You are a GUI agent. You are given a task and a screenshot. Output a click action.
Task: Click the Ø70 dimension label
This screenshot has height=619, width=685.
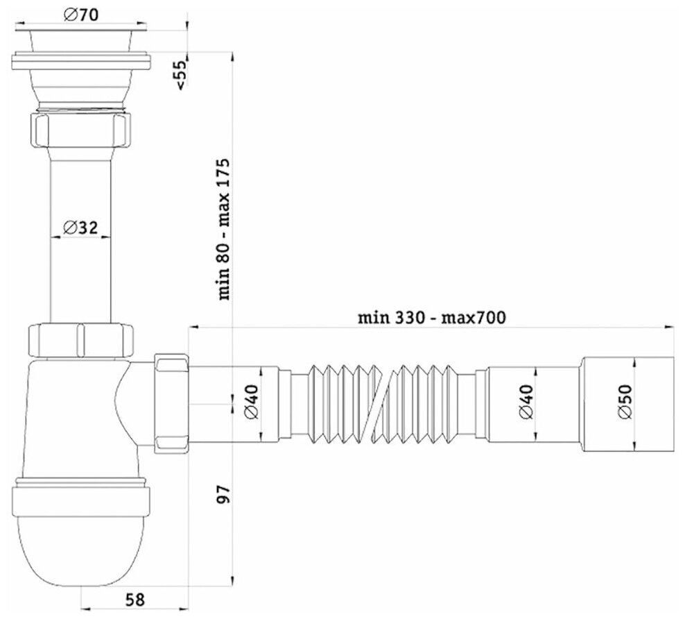pyautogui.click(x=81, y=15)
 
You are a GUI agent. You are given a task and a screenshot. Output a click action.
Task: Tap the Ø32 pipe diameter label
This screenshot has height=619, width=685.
pyautogui.click(x=80, y=228)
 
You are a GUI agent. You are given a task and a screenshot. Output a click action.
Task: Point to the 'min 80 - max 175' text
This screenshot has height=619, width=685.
pyautogui.click(x=224, y=229)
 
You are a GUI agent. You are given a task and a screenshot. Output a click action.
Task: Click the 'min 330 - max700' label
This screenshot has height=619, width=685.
pyautogui.click(x=432, y=317)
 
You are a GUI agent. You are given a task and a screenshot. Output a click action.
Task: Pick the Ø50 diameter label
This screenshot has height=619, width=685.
pyautogui.click(x=625, y=401)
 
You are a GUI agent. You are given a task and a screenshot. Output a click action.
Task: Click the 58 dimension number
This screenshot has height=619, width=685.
pyautogui.click(x=135, y=600)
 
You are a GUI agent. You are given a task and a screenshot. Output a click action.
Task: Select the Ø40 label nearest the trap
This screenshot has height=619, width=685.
pyautogui.click(x=252, y=401)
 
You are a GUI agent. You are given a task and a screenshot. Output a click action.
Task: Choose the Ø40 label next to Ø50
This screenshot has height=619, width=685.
pyautogui.click(x=526, y=401)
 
